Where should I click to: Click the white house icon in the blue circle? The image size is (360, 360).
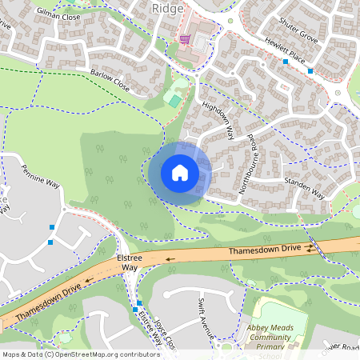(x=180, y=172)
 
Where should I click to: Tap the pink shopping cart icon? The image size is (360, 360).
(x=186, y=38)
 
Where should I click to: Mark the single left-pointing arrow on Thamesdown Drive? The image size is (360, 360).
(x=170, y=259)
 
